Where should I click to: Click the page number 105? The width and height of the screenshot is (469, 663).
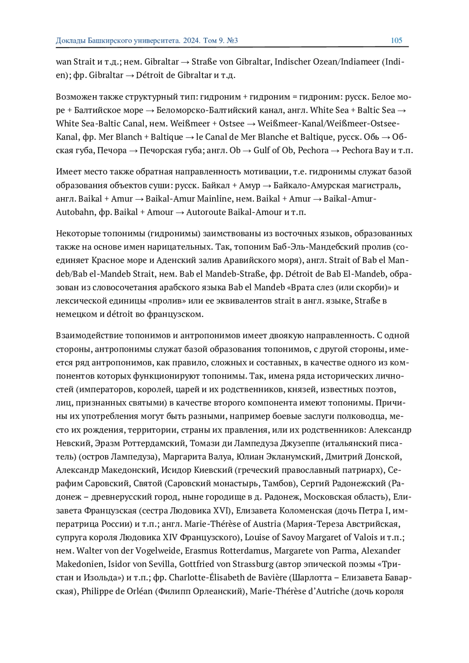click(396, 40)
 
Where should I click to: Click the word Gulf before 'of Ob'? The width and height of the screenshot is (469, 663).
click(263, 150)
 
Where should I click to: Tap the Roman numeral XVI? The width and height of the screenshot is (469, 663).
click(220, 510)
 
